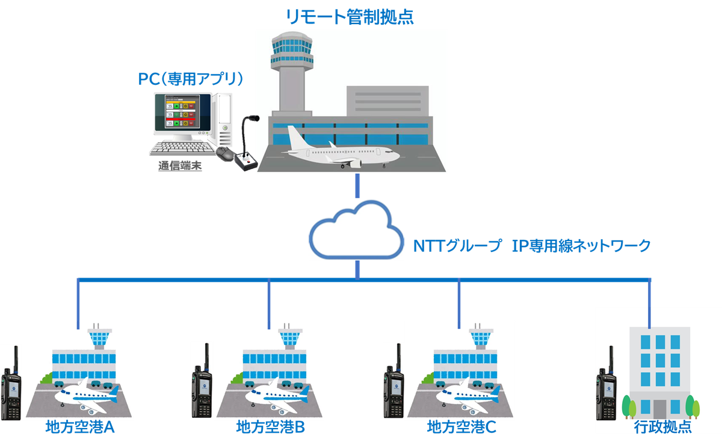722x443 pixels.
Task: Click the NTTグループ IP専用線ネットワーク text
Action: [x=532, y=245]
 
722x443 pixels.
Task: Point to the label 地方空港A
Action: [x=80, y=428]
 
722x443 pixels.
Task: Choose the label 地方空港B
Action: [x=270, y=428]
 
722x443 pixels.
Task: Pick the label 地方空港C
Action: [x=461, y=428]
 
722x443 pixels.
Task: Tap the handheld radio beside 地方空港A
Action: [x=10, y=385]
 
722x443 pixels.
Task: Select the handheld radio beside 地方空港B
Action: [x=202, y=383]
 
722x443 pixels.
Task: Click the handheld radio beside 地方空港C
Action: [x=393, y=383]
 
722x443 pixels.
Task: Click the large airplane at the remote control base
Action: [x=340, y=147]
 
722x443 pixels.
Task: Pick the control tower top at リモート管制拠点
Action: [x=292, y=48]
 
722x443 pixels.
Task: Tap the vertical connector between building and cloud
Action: [x=357, y=185]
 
